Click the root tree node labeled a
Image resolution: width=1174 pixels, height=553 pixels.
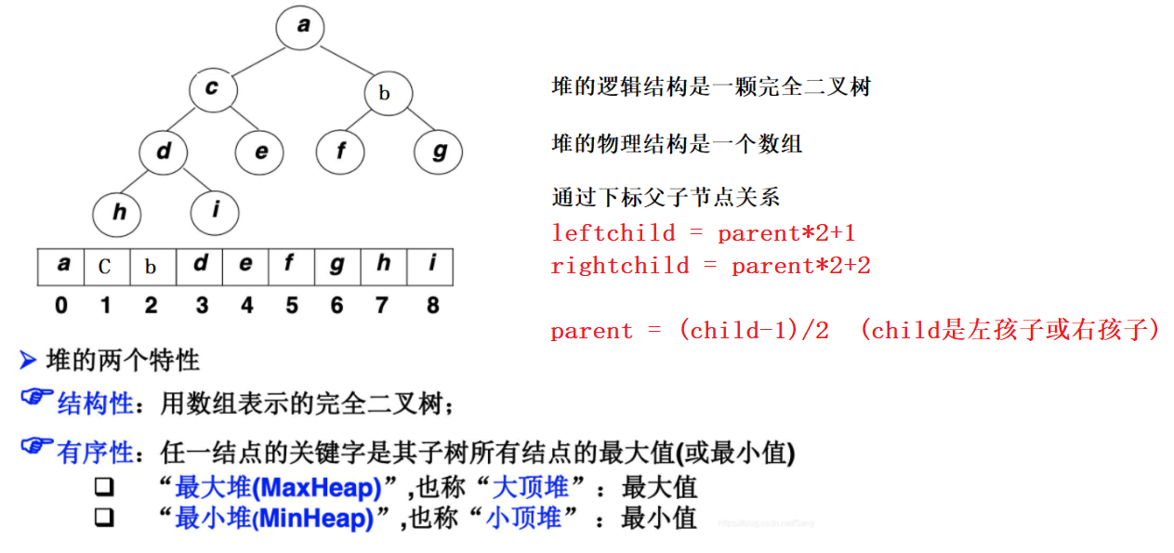[x=303, y=27]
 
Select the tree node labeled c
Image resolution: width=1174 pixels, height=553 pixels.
[x=213, y=89]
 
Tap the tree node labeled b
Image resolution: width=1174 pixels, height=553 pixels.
[x=384, y=94]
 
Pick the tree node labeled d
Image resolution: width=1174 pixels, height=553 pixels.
[x=165, y=151]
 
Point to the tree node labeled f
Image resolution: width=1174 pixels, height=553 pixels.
[x=340, y=151]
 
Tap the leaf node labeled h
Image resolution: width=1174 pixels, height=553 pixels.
[x=118, y=213]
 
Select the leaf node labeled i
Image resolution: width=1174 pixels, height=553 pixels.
[x=215, y=211]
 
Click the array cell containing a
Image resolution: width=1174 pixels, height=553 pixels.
[x=61, y=266]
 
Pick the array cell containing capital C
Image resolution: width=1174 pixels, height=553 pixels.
[x=105, y=267]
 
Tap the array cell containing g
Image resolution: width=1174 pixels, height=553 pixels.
[x=336, y=267]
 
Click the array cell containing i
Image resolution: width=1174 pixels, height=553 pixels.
[x=431, y=266]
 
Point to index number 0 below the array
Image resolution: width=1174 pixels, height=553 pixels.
[x=61, y=305]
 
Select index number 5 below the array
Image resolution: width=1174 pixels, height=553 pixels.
[x=291, y=305]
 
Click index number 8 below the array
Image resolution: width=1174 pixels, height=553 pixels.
[x=432, y=305]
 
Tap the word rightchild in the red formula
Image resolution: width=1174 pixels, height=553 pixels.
[x=620, y=266]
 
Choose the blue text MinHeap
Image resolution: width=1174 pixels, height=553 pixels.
[x=323, y=518]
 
